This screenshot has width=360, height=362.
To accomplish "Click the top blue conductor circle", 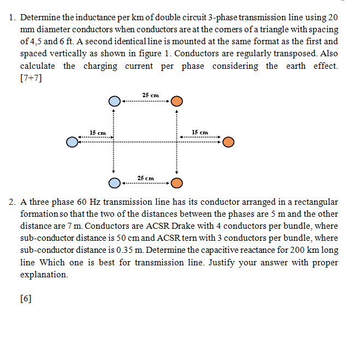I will pos(114,102).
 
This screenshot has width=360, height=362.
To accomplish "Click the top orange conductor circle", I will pos(176,102).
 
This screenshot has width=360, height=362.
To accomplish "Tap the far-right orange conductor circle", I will pos(228,143).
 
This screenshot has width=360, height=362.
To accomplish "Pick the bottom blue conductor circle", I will pos(114,182).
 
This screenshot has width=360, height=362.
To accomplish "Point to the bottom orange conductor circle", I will pos(176,182).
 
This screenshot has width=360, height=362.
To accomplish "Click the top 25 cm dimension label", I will pos(145,96).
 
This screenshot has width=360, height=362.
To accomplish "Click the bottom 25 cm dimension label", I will pos(145,178).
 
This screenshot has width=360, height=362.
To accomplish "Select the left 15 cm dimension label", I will pos(98,133).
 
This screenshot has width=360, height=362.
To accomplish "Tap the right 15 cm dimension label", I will pos(200,133).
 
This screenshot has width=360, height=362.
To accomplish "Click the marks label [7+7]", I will pos(31,78).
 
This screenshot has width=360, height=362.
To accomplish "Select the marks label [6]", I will pos(26,299).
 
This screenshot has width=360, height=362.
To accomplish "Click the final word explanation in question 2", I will pos(44,274).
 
